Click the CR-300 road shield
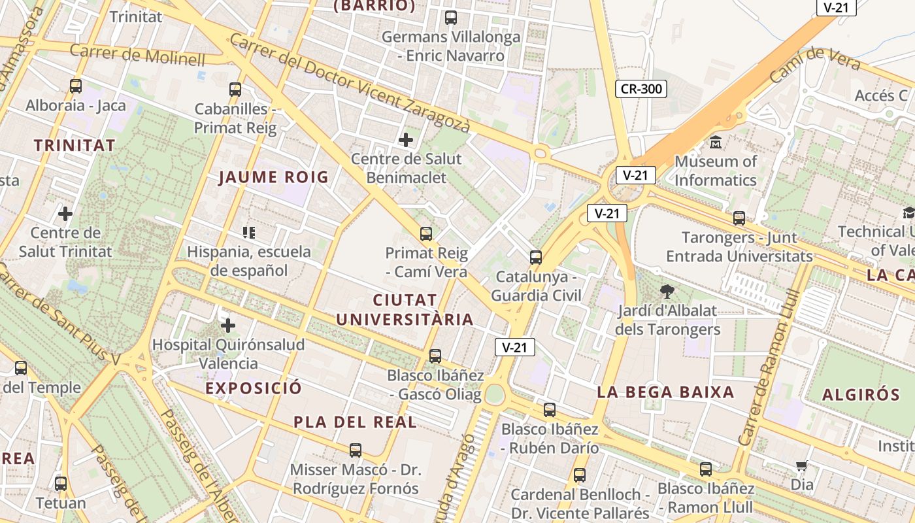pos(640,89)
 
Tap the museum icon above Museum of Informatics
pos(716,142)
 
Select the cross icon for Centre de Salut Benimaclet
pos(406,139)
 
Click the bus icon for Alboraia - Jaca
pos(76,86)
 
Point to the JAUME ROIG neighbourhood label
pos(273,177)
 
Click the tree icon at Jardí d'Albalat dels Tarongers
pos(667,292)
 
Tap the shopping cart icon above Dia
pos(801,466)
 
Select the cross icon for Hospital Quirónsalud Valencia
pos(228,325)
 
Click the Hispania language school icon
pos(248,232)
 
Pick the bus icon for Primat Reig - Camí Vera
pos(426,233)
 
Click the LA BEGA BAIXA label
pos(665,392)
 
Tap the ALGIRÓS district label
pos(861,394)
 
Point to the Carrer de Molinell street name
pos(137,55)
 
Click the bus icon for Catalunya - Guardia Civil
pos(536,257)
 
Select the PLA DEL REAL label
pos(355,422)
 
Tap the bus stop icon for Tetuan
pos(61,484)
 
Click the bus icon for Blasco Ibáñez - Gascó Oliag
pos(435,356)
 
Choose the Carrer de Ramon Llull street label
pos(765,366)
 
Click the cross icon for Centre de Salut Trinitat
pos(65,213)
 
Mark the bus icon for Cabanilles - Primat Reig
pos(235,90)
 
